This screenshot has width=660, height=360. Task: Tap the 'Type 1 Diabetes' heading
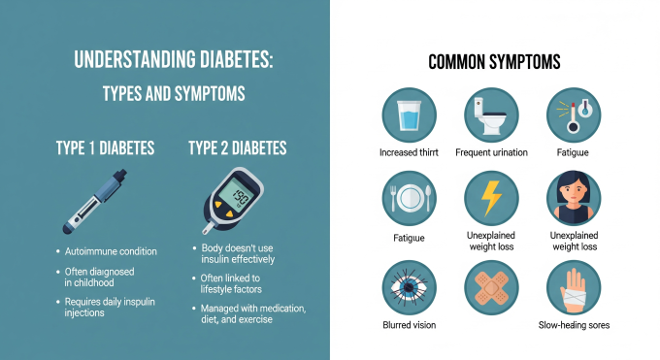(105, 148)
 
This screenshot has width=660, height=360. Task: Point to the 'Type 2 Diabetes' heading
(237, 148)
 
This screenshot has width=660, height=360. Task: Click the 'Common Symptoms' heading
(494, 63)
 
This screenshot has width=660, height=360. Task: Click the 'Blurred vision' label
(408, 325)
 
